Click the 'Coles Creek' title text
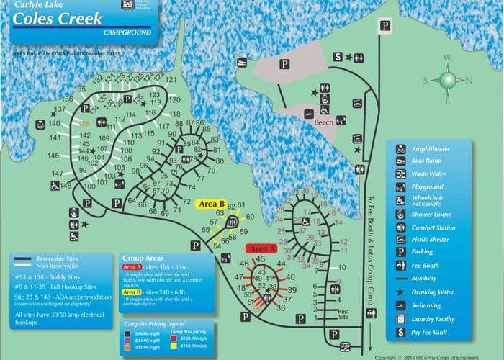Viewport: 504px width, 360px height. point(57,19)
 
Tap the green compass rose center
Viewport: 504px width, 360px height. point(448,80)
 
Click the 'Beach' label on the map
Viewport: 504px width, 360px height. point(324,122)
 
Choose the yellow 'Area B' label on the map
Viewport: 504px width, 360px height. point(212,204)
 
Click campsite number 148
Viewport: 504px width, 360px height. point(66,186)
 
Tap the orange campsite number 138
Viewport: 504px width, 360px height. point(84,124)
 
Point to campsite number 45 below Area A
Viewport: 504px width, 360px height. point(261,259)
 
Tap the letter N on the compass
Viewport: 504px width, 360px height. point(469,81)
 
